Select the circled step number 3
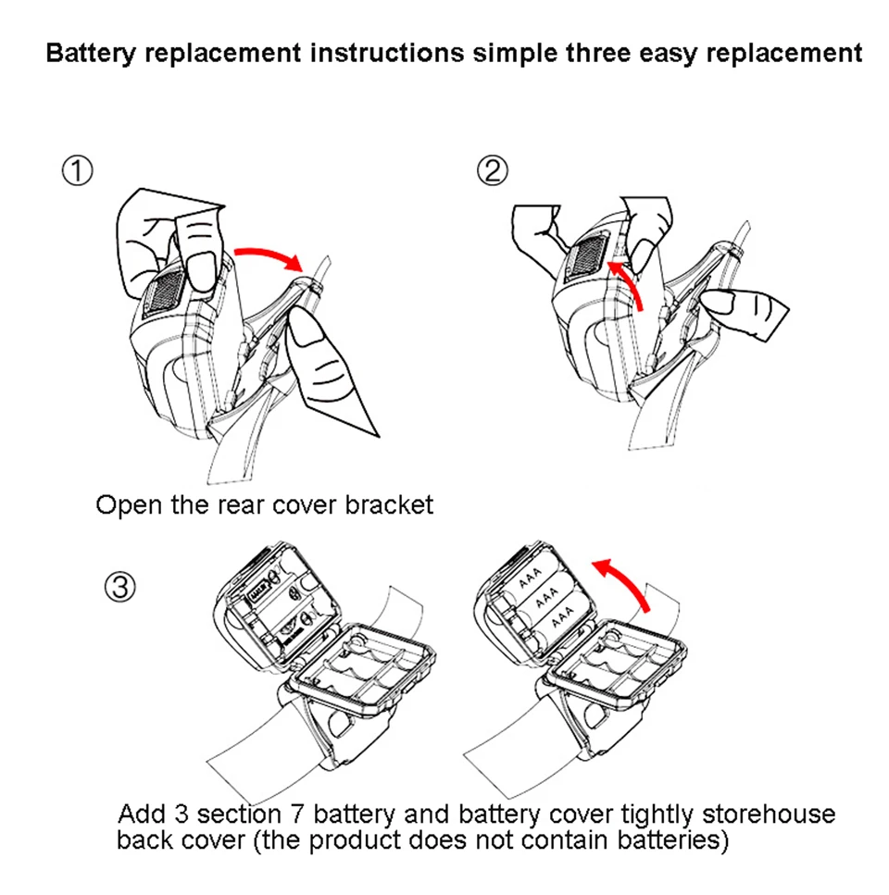point(121,587)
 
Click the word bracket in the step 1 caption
point(388,505)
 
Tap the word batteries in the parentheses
point(671,840)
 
